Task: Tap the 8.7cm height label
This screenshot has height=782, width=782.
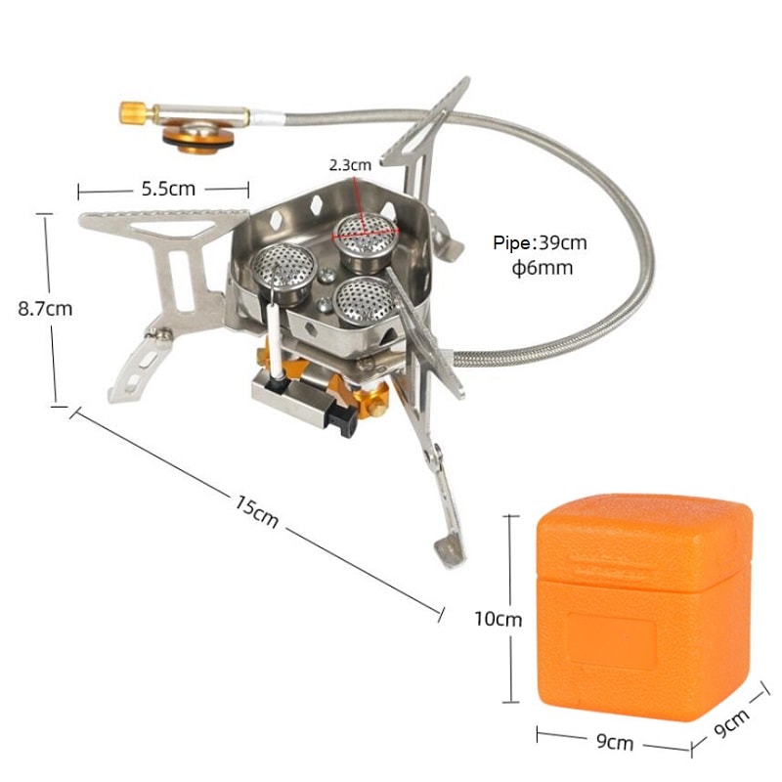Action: point(45,308)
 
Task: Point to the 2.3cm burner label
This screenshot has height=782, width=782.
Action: point(349,165)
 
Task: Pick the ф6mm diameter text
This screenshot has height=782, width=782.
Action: point(542,268)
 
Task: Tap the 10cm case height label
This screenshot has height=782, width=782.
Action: point(499,619)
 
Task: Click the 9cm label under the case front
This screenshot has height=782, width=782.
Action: point(614,744)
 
